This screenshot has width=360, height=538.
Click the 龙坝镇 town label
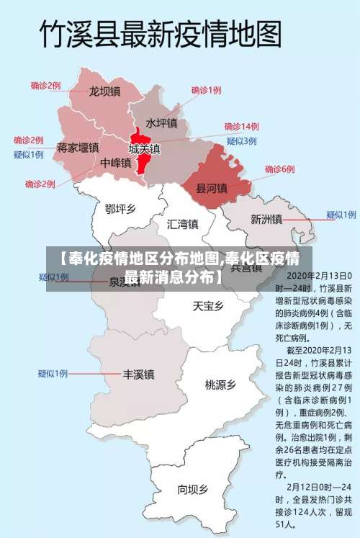[x=104, y=92]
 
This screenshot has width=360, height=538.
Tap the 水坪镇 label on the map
[x=161, y=123]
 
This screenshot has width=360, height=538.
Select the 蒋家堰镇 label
[x=77, y=147]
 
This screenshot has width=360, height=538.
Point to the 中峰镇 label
[x=115, y=163]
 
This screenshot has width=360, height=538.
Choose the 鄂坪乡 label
[x=120, y=209]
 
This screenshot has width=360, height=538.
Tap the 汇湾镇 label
[x=182, y=223]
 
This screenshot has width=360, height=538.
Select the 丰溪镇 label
[x=138, y=375]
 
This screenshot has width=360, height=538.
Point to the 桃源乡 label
[x=220, y=385]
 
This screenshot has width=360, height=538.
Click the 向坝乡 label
[x=192, y=490]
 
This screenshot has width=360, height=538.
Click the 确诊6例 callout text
[x=279, y=169]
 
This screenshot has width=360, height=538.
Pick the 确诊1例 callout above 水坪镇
[x=206, y=90]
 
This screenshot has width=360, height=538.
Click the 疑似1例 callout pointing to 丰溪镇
[x=53, y=374]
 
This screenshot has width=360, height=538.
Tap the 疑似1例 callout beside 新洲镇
[x=341, y=215]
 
